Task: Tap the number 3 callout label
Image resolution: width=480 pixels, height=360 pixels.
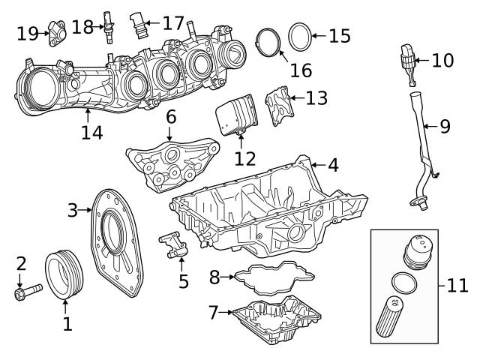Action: tap(73, 210)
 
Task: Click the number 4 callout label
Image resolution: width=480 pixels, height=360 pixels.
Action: tap(333, 164)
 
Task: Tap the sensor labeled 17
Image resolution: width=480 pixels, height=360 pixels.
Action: tap(138, 24)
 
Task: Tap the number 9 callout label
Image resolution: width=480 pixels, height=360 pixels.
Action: tap(445, 125)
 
